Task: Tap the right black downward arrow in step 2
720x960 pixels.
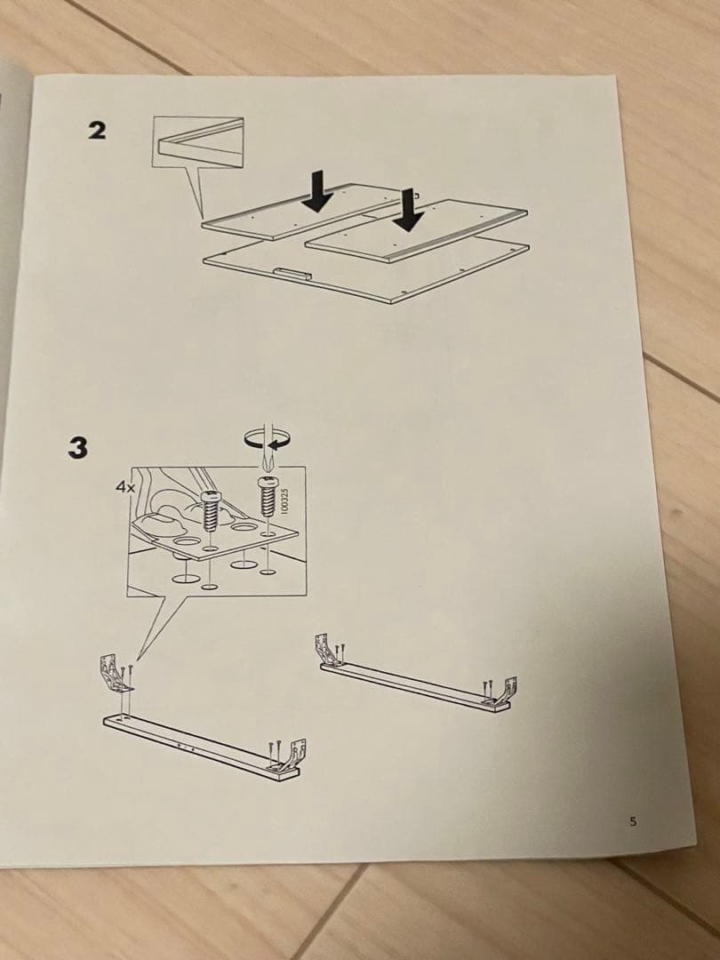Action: pos(409,210)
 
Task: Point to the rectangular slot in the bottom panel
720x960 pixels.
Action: pos(291,271)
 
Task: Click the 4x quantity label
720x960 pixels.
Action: pos(124,487)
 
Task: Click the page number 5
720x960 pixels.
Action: pos(634,821)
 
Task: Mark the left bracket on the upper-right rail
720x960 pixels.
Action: pos(331,649)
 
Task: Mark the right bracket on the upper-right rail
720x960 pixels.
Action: pos(508,692)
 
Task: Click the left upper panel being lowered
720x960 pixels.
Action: pos(293,213)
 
